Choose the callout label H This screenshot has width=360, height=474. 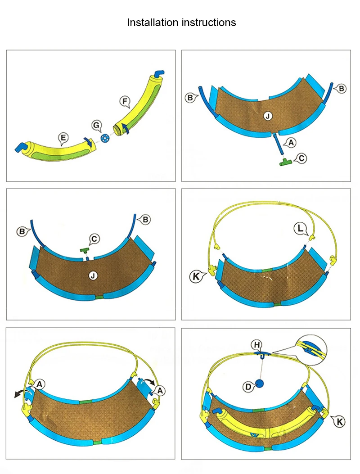tap(257, 344)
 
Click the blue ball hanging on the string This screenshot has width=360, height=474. tap(259, 383)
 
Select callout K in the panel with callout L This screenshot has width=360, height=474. tap(197, 275)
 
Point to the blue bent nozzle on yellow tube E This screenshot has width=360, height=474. tap(22, 147)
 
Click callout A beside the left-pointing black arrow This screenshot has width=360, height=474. tap(40, 383)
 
